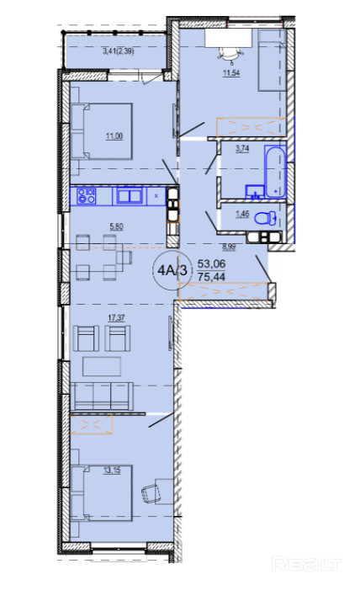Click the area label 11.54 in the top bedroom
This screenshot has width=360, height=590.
[x=231, y=72]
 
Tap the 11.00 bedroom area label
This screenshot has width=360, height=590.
[x=114, y=136]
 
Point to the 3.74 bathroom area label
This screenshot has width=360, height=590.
[x=242, y=149]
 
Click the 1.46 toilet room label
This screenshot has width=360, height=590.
[x=242, y=214]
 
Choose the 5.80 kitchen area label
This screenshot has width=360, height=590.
[x=116, y=227]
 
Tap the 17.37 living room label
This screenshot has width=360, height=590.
[x=116, y=318]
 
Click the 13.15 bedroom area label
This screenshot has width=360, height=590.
[x=112, y=470]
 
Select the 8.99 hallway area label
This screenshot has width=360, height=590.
[x=229, y=247]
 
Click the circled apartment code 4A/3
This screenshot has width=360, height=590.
[x=172, y=270]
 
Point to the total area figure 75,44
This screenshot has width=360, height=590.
[x=211, y=277]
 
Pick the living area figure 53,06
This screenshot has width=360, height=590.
[x=211, y=263]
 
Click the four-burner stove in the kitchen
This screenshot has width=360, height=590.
[x=87, y=196]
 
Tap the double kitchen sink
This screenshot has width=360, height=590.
[x=130, y=196]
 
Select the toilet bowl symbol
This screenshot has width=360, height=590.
[x=266, y=218]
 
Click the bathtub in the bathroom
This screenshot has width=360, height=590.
[x=275, y=172]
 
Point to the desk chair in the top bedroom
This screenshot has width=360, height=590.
[x=229, y=55]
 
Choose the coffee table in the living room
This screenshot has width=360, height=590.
[x=102, y=366]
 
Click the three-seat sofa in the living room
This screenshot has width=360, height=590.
[x=103, y=396]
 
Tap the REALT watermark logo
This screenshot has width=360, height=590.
[x=306, y=564]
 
